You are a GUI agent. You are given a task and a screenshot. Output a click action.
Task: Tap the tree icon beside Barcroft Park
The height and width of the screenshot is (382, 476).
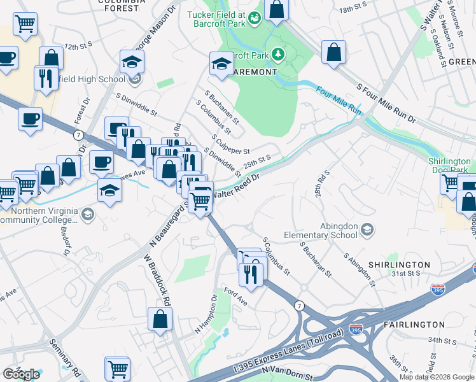coord(277,55)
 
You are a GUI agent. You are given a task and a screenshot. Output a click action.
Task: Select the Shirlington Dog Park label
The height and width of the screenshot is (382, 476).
coord(448,166)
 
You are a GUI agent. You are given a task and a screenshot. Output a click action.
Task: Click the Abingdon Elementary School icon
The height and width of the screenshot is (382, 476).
coord(367,229)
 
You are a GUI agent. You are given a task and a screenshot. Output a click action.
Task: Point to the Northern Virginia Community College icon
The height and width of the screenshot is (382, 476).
coord(88,215)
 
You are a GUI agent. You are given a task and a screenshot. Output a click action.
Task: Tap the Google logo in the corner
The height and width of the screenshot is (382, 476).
coord(21,374)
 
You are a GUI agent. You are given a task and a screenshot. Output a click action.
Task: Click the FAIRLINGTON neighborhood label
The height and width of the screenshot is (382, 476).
coord(414,325)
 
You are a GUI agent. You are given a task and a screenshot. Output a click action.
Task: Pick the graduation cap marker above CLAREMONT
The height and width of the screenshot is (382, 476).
coord(221,63)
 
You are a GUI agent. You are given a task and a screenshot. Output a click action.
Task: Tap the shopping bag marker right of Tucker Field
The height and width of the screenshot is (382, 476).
coord(276,9)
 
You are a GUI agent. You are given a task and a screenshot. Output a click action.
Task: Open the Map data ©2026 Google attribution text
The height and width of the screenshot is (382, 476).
coord(437,377)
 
